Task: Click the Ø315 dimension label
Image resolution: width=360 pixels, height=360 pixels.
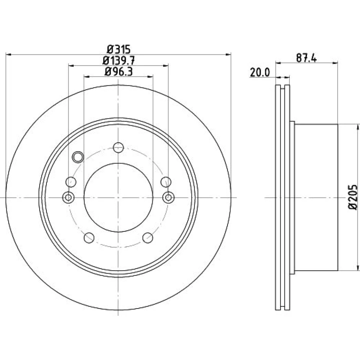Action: click(119, 49)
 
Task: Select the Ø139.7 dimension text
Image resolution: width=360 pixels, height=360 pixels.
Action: click(118, 60)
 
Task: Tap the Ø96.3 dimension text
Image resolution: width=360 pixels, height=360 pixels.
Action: click(118, 72)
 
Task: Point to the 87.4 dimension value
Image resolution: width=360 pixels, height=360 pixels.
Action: click(306, 58)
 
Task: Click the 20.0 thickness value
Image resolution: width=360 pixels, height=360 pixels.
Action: click(260, 73)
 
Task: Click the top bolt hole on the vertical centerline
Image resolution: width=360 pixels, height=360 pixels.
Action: click(118, 147)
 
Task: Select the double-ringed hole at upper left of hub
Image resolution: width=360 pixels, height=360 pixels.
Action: click(78, 157)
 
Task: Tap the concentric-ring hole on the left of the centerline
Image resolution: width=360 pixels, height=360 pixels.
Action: click(68, 197)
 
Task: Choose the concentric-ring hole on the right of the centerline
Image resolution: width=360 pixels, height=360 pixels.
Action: click(168, 197)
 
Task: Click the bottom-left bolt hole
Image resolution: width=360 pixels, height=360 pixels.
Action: click(89, 238)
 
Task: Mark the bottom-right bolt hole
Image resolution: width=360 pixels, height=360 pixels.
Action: click(148, 238)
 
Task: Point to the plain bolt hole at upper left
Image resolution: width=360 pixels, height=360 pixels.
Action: click(71, 182)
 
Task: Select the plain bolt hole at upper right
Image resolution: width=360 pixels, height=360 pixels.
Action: click(166, 182)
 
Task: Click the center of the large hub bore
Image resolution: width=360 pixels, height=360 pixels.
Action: click(118, 197)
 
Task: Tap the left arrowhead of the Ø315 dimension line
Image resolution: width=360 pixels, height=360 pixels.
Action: click(8, 55)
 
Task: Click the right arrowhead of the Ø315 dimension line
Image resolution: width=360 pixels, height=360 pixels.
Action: click(228, 55)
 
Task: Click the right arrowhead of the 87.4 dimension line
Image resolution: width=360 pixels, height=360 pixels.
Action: click(335, 62)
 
